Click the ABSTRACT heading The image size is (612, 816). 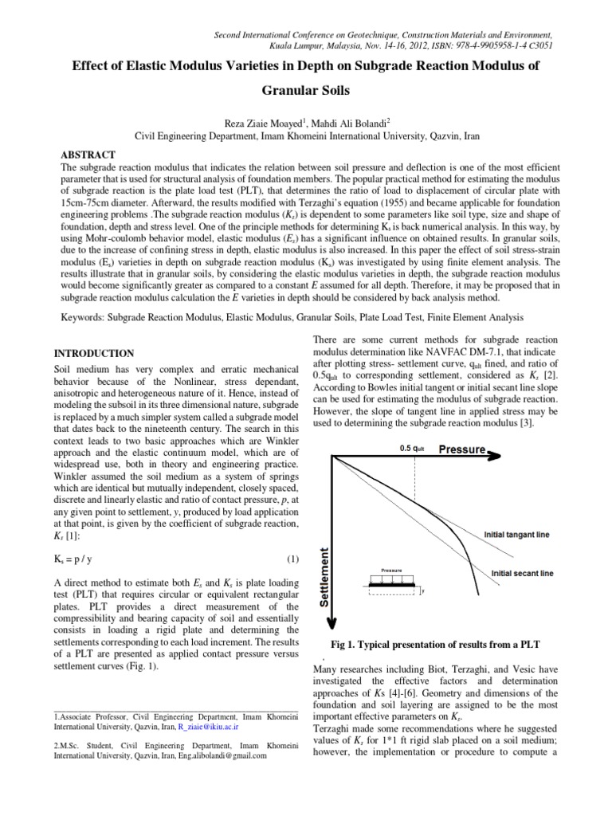(88, 154)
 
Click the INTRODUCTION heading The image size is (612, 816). (93, 353)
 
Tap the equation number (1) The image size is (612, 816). (292, 559)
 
